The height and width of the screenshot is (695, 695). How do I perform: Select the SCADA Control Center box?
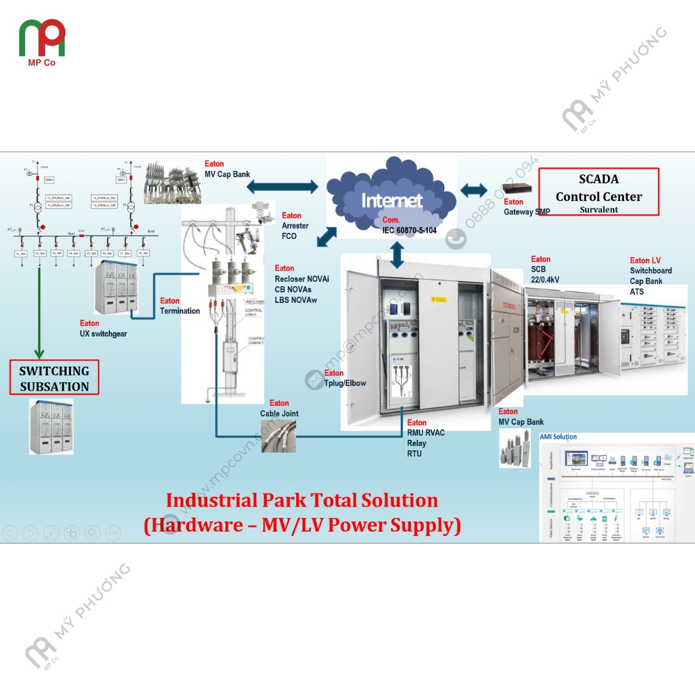(x=598, y=191)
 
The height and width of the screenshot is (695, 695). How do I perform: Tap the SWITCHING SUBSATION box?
(x=54, y=379)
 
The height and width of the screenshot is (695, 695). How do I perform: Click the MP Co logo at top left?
(x=42, y=40)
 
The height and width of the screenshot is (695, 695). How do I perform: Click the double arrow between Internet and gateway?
(x=475, y=190)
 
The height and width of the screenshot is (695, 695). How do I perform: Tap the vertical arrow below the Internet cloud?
(x=397, y=255)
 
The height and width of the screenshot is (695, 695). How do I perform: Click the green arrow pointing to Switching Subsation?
(x=41, y=306)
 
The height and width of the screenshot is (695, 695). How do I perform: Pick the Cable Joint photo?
(x=279, y=436)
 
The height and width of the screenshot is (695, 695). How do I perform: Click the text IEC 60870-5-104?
(x=409, y=230)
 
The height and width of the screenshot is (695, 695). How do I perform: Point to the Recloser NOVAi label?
(x=302, y=279)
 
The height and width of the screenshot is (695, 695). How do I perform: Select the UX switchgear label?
(x=104, y=334)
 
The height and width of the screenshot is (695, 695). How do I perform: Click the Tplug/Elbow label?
(x=345, y=383)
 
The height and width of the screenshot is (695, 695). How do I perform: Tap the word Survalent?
(x=598, y=209)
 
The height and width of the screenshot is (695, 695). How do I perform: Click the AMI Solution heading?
(x=558, y=437)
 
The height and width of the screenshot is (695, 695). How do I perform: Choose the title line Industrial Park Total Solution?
(x=302, y=500)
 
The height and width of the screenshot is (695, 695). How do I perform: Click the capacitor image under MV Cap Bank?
(x=516, y=449)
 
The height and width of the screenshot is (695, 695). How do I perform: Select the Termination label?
(x=180, y=311)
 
